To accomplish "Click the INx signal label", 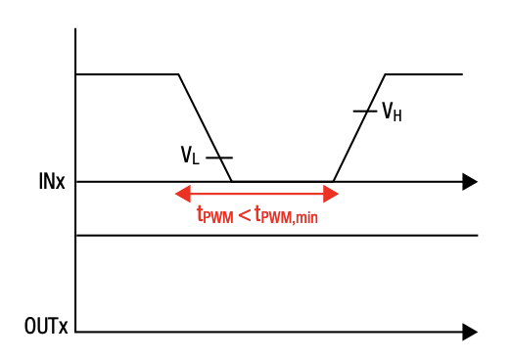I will (53, 182).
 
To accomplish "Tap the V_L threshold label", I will (190, 156).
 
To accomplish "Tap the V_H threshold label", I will (392, 112).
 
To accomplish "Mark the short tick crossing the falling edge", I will (219, 157).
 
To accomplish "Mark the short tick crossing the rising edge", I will (364, 112).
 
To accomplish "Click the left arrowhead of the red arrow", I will (182, 194).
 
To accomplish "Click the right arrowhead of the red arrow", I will (331, 194).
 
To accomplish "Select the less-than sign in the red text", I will (244, 214).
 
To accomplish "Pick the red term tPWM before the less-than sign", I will (214, 215).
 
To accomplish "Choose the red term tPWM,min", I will (286, 215).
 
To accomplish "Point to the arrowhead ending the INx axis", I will (470, 181).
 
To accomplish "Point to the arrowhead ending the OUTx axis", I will (470, 333).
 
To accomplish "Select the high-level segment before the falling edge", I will (127, 74).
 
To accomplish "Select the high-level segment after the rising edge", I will (423, 74).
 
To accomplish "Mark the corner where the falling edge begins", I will (179, 74).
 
